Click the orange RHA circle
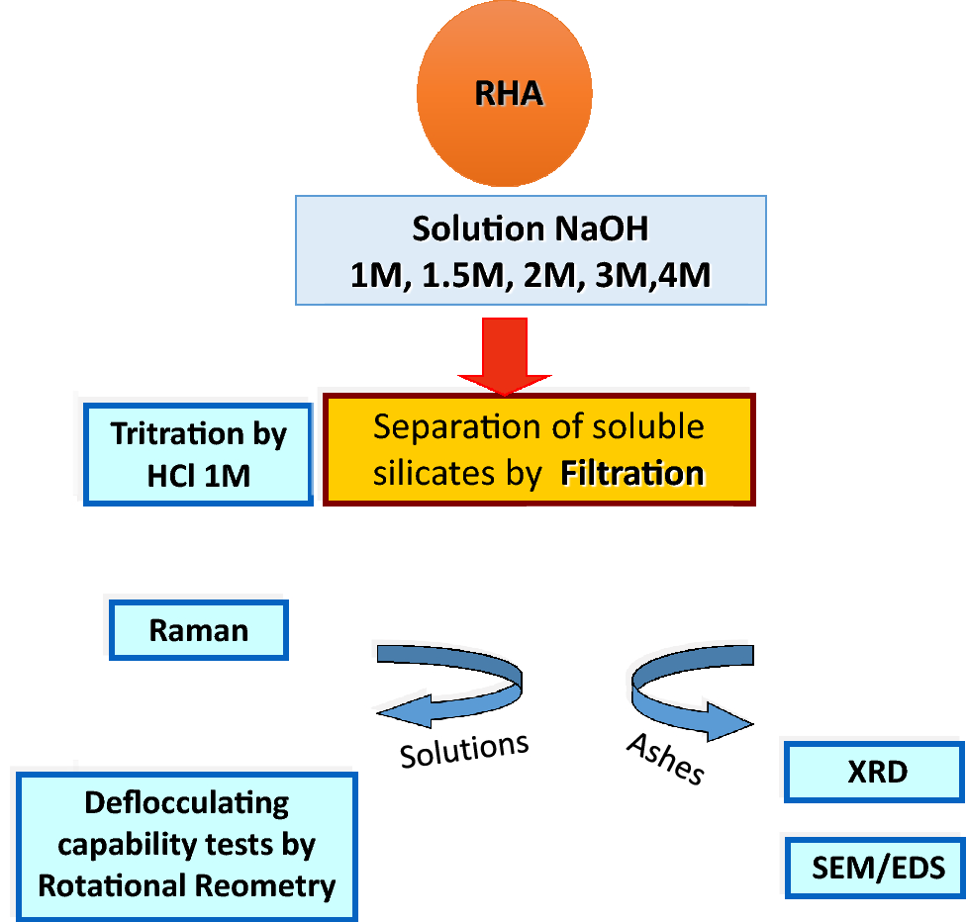point(505,94)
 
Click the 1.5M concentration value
point(462,274)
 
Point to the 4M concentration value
point(681,274)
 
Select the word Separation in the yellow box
point(443,427)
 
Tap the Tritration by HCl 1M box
point(198,454)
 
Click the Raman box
point(198,630)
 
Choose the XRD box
point(876,772)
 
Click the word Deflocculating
point(187,802)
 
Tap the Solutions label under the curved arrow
point(464,750)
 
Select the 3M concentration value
point(618,274)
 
